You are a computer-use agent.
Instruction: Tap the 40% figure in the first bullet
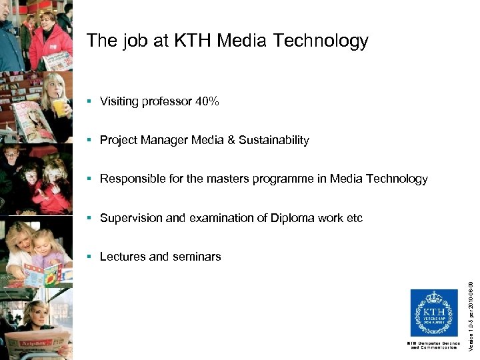point(207,101)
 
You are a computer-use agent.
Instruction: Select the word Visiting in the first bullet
point(119,101)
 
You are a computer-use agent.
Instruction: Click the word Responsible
point(131,179)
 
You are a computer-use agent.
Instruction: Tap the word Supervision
point(127,218)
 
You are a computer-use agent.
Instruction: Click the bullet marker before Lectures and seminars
point(90,257)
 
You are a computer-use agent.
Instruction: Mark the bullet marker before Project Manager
point(90,140)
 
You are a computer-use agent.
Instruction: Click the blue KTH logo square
point(433,313)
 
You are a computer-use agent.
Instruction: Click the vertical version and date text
point(470,314)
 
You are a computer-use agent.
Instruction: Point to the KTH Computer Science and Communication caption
point(433,345)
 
